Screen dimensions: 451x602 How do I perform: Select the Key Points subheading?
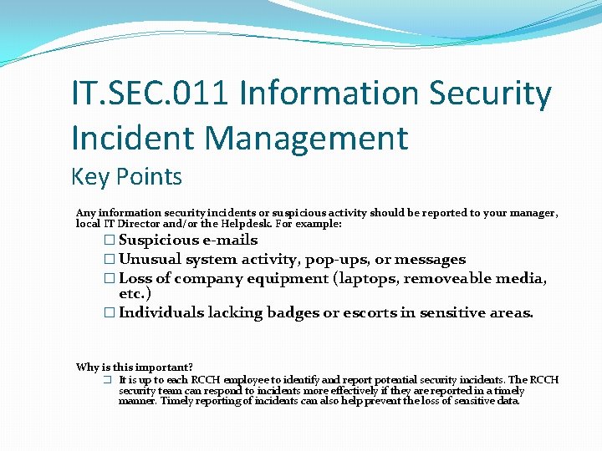click(126, 177)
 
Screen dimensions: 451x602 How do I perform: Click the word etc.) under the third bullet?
click(135, 294)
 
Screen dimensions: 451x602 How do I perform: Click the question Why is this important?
click(135, 367)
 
